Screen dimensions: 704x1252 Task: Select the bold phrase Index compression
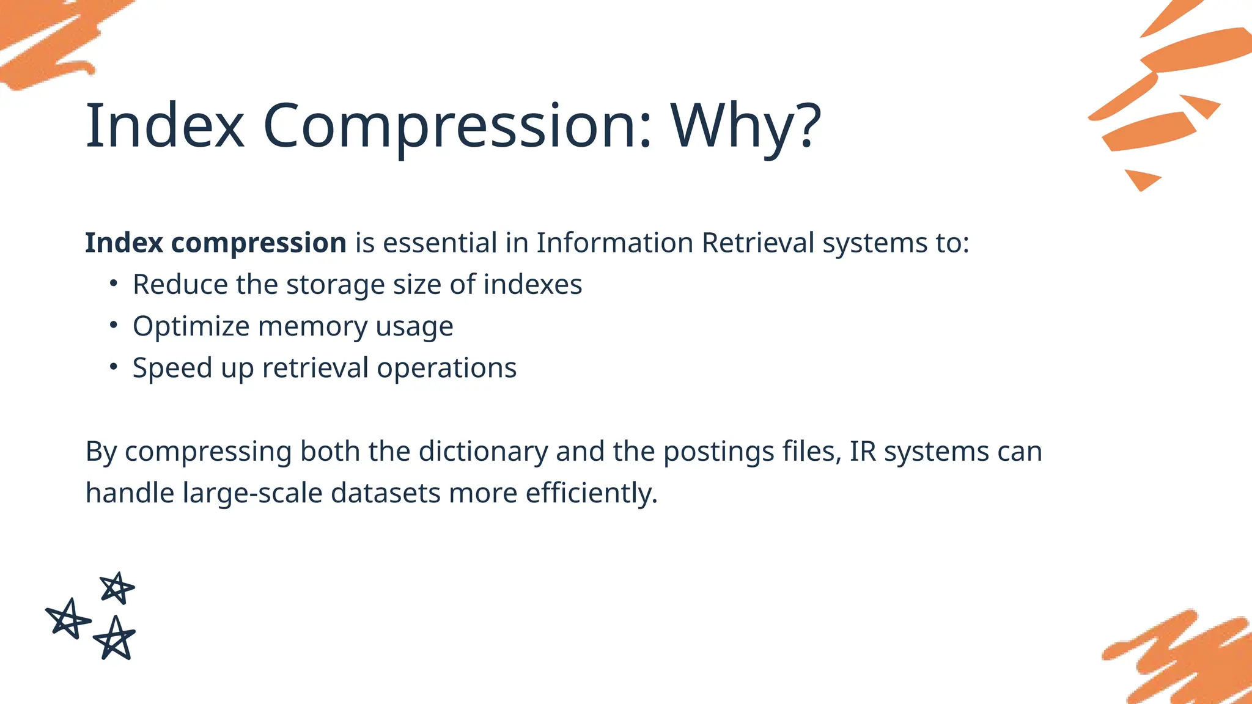pos(215,243)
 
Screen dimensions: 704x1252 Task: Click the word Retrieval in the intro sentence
pos(757,243)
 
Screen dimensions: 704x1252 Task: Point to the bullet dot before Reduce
pos(113,283)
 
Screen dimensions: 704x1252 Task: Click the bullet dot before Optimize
pos(113,324)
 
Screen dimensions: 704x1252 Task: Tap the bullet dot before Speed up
pos(113,366)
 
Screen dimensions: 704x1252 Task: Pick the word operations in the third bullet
pos(446,369)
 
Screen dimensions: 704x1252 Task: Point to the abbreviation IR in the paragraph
pos(863,452)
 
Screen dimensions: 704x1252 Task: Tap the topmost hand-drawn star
pos(116,588)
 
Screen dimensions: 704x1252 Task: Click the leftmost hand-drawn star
pos(68,619)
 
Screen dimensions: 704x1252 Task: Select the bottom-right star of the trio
pos(114,639)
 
